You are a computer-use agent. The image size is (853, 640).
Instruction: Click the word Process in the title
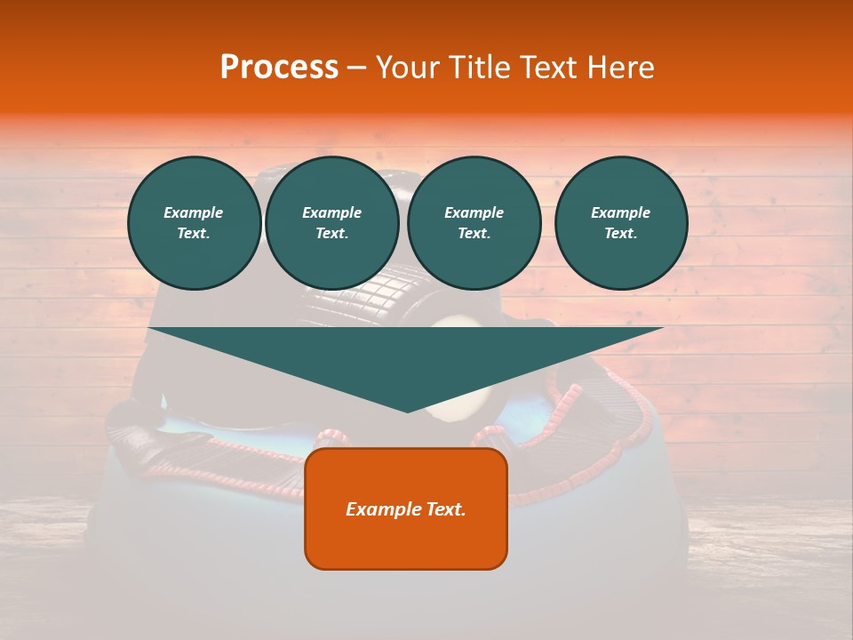[279, 68]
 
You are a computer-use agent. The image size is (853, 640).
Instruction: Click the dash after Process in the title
[357, 68]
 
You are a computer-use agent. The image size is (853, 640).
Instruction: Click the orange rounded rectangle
[406, 542]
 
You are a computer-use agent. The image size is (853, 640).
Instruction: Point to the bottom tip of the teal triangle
[407, 411]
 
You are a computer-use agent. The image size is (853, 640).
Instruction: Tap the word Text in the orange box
[445, 509]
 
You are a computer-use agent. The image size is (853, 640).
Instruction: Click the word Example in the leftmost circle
[194, 212]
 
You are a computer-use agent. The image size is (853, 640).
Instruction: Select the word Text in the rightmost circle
[620, 234]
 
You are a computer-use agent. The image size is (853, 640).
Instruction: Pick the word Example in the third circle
[474, 212]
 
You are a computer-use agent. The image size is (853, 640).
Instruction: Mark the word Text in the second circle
[331, 234]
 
